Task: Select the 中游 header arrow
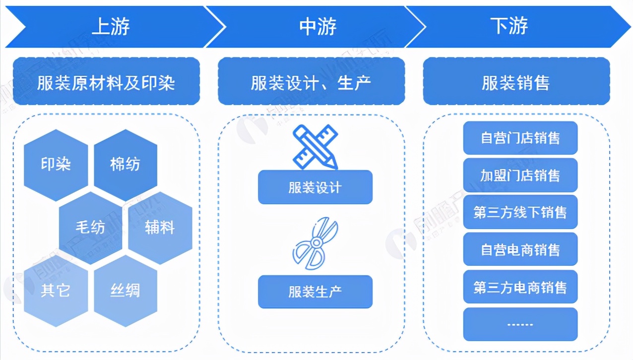[317, 27]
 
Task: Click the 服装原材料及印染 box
[106, 82]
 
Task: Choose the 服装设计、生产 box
[311, 82]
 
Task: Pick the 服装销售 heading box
[516, 82]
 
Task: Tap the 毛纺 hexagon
[90, 228]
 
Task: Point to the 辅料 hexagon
[160, 228]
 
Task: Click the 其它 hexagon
[56, 290]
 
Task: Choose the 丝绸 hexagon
[125, 290]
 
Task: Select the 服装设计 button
[315, 187]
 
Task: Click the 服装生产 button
[315, 292]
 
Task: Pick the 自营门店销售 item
[520, 138]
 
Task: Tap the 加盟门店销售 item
[520, 175]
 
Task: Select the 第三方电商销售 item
[520, 287]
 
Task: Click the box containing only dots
[520, 324]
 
